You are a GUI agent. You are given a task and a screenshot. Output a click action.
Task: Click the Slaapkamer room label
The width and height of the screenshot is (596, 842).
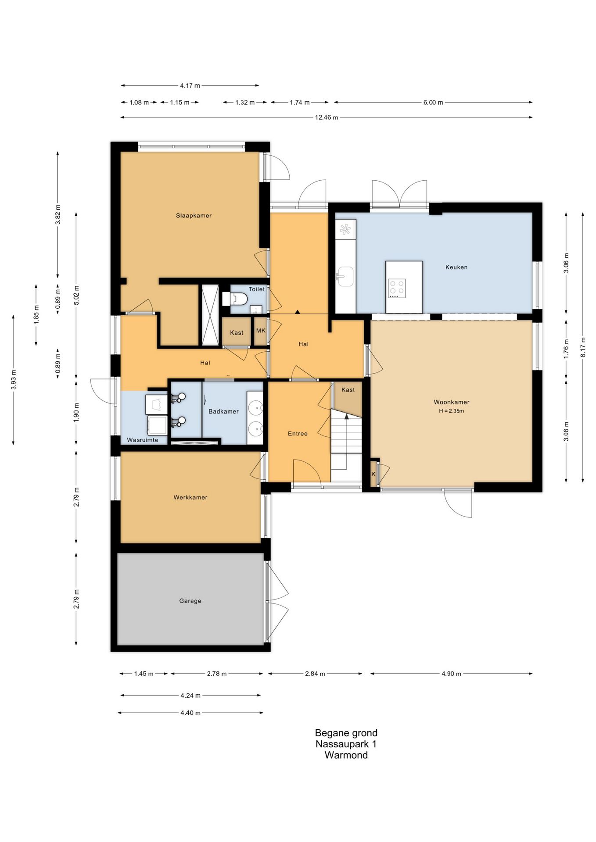click(x=194, y=215)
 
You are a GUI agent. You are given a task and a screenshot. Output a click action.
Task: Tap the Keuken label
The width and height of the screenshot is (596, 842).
click(x=456, y=267)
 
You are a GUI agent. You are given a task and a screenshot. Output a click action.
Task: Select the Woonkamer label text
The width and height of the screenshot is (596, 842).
click(x=452, y=402)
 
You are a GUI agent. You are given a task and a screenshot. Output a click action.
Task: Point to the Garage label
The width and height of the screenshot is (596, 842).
click(x=190, y=601)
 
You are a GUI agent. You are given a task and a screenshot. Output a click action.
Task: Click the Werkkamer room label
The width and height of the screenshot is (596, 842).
click(x=190, y=497)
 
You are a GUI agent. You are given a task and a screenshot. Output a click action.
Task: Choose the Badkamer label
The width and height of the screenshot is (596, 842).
click(x=223, y=411)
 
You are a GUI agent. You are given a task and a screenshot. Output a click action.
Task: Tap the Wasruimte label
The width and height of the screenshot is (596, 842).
click(x=143, y=440)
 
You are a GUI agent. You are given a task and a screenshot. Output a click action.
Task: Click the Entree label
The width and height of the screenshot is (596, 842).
click(x=298, y=434)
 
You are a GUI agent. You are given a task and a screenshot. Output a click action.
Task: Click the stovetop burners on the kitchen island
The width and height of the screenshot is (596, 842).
click(x=397, y=289)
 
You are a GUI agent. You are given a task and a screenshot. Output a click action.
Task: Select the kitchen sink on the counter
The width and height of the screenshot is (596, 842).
click(x=345, y=276)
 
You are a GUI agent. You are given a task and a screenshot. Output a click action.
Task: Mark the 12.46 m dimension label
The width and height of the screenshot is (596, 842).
click(x=327, y=118)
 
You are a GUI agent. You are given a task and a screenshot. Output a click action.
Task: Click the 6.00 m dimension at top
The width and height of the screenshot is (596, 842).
click(x=433, y=103)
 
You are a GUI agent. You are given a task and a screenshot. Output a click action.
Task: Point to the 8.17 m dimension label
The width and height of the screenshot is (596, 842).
click(x=583, y=347)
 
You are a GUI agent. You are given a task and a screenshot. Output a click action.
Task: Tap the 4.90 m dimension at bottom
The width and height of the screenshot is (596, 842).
click(x=451, y=674)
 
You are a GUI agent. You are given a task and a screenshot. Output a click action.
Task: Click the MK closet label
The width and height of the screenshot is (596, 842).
click(x=261, y=331)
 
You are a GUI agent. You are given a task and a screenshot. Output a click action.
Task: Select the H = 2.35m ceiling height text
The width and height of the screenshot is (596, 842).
click(x=451, y=411)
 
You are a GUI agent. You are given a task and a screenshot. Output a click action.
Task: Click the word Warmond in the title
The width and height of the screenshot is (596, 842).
click(x=346, y=755)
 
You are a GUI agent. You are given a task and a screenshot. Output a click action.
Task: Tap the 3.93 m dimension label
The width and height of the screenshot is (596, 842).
click(x=14, y=380)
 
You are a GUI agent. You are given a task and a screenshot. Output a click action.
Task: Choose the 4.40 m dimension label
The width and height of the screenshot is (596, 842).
click(x=190, y=713)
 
